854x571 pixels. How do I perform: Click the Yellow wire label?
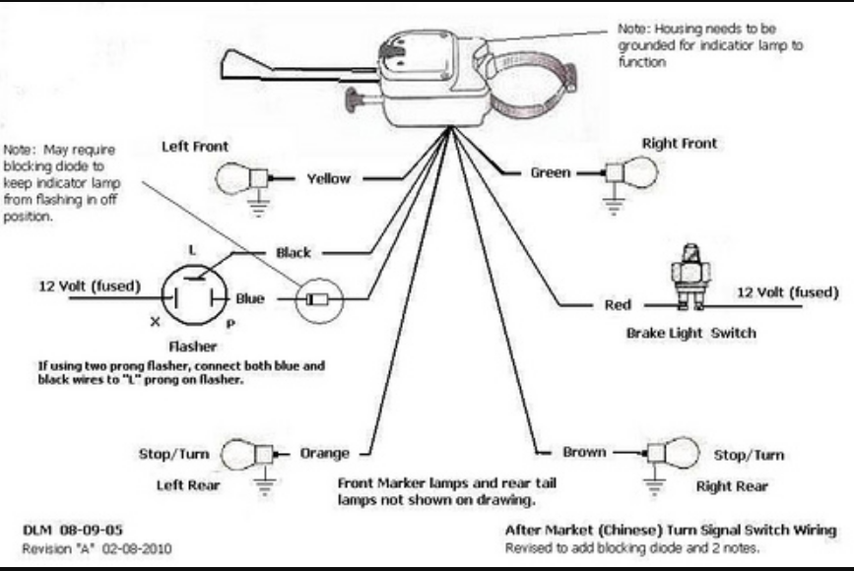328,179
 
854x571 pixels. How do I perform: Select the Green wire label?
550,172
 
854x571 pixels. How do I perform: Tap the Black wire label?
294,253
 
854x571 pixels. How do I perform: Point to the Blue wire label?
250,298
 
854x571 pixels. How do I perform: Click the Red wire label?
618,305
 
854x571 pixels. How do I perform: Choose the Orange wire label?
325,453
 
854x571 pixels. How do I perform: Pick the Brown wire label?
584,452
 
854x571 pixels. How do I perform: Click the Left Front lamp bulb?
235,178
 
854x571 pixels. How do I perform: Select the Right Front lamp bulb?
641,171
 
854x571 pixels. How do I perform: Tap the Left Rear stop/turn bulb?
241,454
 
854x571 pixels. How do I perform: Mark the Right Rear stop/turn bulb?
676,452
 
